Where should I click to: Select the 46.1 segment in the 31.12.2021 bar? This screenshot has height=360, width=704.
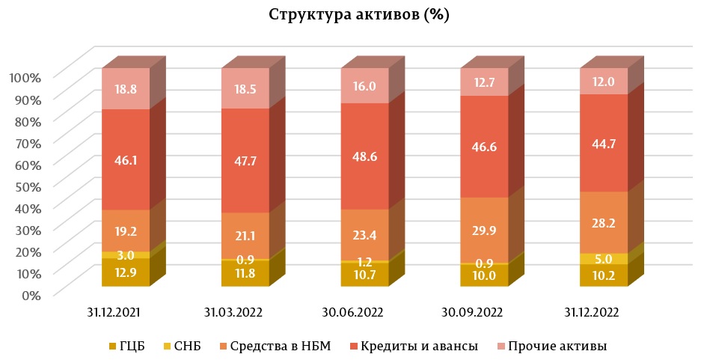click(x=126, y=159)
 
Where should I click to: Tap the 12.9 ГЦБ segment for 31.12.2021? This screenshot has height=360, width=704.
click(x=126, y=272)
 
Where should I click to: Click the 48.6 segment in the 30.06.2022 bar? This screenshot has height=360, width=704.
click(x=364, y=156)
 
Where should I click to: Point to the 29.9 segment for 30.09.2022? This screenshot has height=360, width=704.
click(x=483, y=230)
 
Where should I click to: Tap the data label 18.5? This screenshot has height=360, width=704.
click(x=245, y=88)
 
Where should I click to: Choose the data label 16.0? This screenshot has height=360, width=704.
click(x=364, y=86)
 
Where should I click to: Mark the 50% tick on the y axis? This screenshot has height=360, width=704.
click(x=28, y=186)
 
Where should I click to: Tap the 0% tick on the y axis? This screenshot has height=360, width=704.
click(x=31, y=295)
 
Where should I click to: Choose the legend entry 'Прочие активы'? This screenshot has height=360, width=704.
click(x=557, y=346)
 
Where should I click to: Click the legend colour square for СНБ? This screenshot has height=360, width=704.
click(x=166, y=347)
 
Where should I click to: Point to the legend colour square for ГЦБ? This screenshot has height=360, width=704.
click(x=113, y=347)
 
